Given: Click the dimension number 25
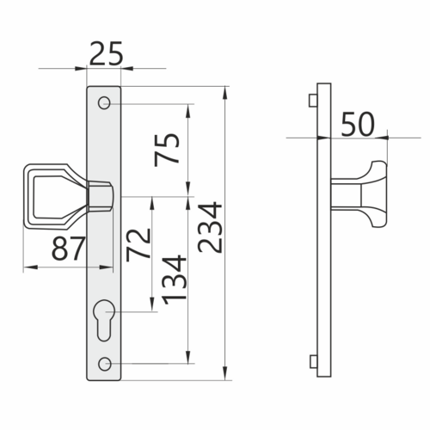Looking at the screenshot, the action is tap(106, 53).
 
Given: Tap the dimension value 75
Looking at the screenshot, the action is tap(167, 150).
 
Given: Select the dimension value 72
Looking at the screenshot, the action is tap(138, 245).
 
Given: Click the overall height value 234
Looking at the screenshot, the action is tap(210, 228).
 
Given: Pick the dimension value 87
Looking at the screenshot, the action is tap(68, 249).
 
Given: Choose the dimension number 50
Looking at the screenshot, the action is tap(358, 124).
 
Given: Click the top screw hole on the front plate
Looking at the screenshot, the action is tap(104, 102).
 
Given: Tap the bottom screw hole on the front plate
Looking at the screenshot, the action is tap(105, 364).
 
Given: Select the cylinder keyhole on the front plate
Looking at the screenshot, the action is tap(104, 320).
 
